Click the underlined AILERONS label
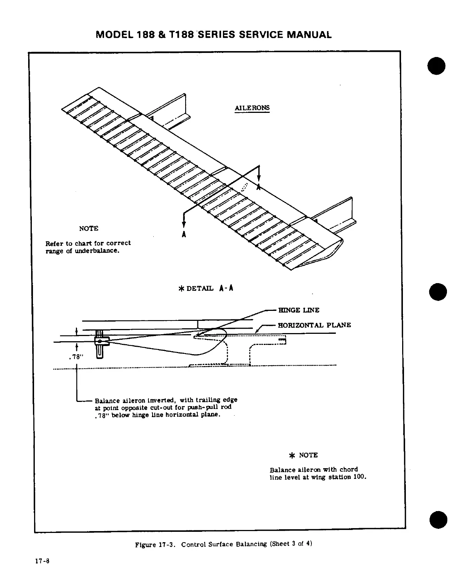[252, 108]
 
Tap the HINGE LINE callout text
[298, 310]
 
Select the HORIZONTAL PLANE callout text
[314, 325]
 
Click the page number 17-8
[42, 571]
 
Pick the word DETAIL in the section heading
[200, 288]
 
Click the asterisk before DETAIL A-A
[181, 288]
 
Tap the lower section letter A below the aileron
[184, 234]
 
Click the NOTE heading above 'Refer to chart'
[89, 228]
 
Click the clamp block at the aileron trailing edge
[101, 340]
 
